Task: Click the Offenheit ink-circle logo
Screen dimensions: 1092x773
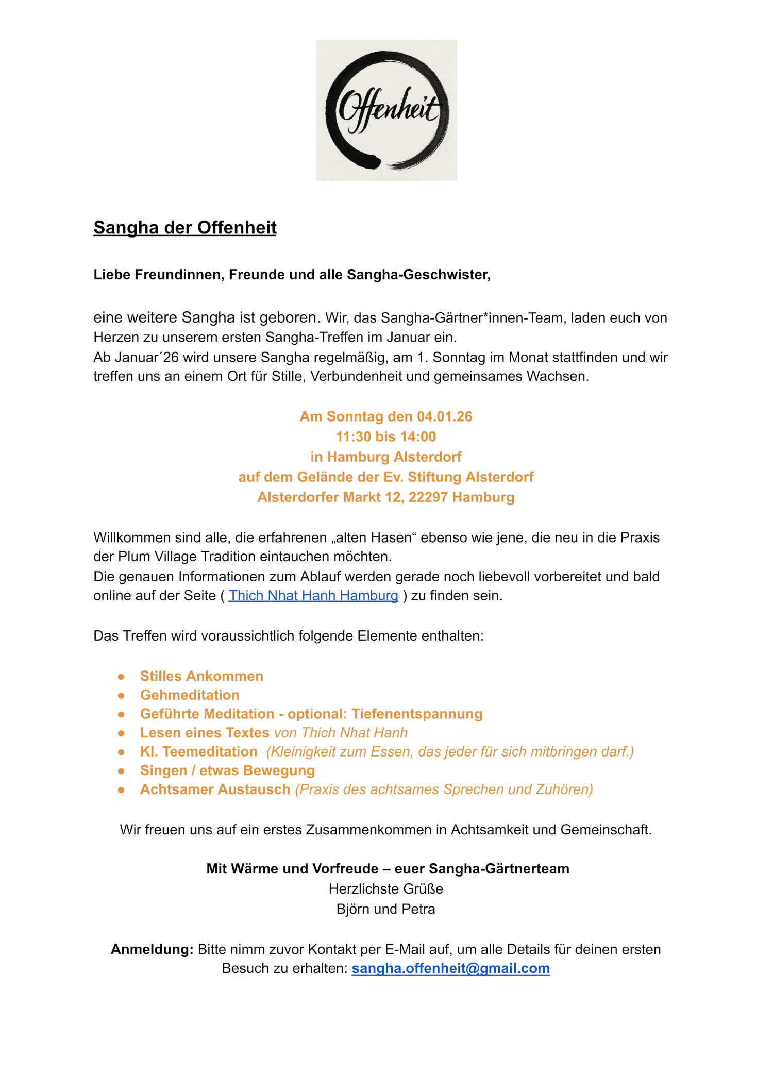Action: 386,110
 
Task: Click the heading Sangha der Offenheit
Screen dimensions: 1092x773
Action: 185,227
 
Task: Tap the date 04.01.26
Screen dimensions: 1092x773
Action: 444,416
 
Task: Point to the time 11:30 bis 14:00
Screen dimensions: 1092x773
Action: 386,436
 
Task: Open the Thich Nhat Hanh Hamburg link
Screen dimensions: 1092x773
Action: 313,595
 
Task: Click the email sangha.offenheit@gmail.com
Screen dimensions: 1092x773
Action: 450,968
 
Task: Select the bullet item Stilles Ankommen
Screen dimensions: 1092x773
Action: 201,676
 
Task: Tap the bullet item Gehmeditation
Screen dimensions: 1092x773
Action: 190,695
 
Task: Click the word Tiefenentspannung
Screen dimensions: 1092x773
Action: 417,714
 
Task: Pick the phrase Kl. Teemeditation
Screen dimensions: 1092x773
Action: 198,751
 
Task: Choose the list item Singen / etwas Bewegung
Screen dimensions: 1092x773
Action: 227,770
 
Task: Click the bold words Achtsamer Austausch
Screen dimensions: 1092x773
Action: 215,789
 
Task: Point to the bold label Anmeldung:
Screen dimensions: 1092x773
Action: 152,949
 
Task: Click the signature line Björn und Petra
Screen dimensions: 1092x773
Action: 386,909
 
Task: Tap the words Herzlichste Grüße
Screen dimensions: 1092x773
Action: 386,889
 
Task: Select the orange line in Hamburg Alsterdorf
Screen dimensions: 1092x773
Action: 386,457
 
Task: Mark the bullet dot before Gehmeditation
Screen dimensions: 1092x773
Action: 121,696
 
